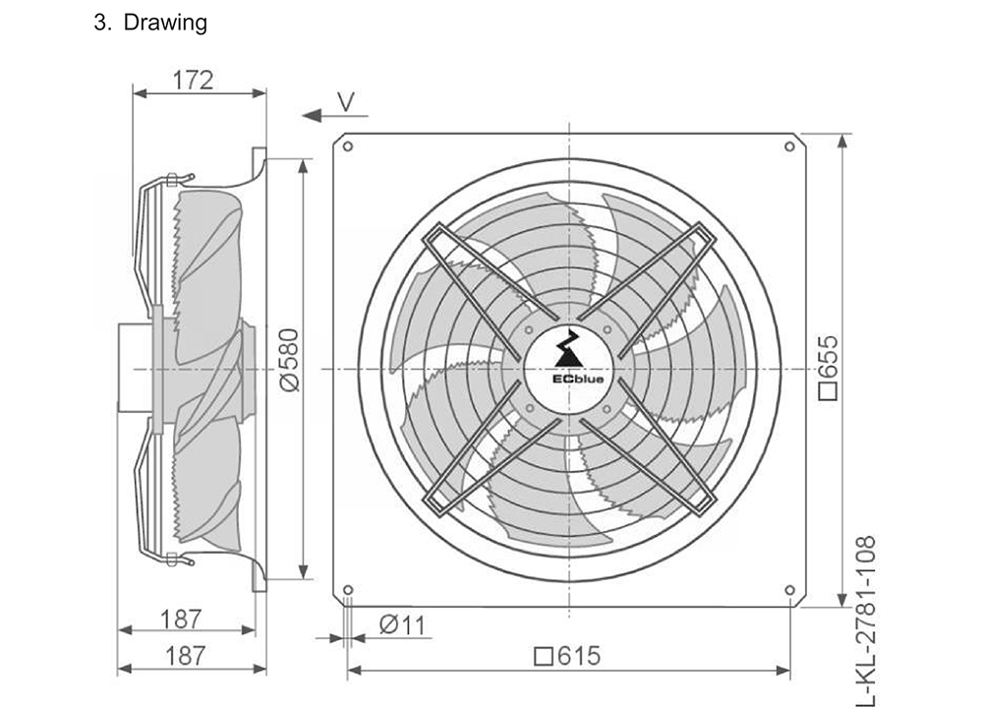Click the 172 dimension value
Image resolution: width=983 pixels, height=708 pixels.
(x=193, y=81)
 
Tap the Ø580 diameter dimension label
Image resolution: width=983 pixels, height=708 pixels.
(x=290, y=360)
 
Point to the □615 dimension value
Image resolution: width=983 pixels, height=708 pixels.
(x=567, y=656)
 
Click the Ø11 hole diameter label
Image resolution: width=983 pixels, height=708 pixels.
(x=402, y=624)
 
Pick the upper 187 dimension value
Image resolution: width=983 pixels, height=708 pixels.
(x=181, y=619)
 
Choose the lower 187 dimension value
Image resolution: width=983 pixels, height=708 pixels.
(x=185, y=656)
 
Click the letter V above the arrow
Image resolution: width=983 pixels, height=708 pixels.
(x=345, y=101)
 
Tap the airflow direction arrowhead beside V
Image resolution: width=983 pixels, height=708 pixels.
(x=312, y=115)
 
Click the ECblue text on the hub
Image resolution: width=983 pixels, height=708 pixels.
(x=568, y=380)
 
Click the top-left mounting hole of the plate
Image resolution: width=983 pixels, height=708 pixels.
(x=348, y=147)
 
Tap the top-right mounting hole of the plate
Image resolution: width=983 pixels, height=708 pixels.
(x=790, y=147)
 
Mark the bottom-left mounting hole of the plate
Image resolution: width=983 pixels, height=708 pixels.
(x=349, y=590)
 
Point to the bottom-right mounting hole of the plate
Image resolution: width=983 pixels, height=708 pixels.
(x=790, y=590)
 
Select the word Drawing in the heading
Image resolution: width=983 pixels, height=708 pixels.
(x=165, y=23)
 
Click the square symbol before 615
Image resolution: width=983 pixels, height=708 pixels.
(x=543, y=657)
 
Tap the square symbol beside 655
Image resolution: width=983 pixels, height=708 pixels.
(x=829, y=391)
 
